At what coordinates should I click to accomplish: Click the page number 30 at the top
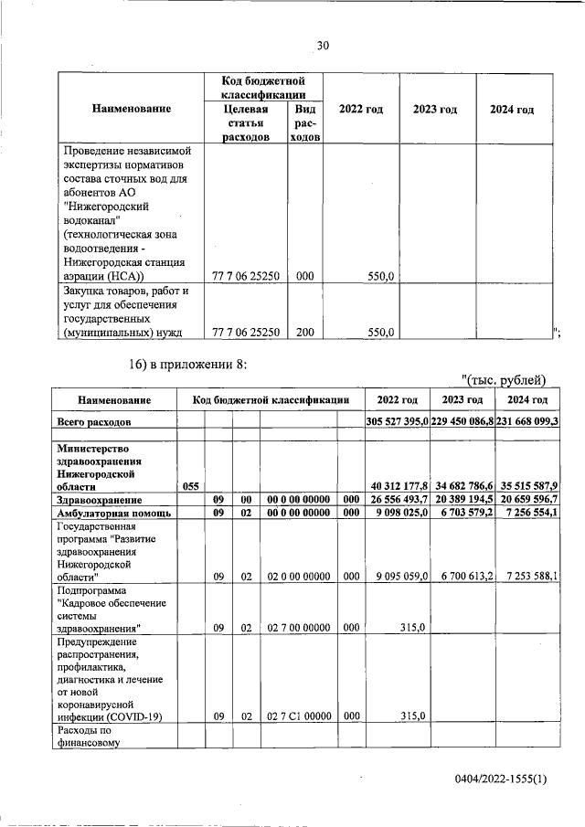(x=322, y=46)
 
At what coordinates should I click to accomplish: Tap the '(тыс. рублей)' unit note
(x=504, y=380)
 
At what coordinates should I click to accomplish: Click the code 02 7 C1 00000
(x=298, y=717)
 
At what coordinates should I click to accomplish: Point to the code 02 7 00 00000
(x=298, y=628)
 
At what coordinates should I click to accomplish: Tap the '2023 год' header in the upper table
(x=435, y=110)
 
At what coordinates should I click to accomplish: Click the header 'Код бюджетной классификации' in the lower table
(x=271, y=400)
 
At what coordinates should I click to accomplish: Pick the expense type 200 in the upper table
(x=304, y=334)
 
